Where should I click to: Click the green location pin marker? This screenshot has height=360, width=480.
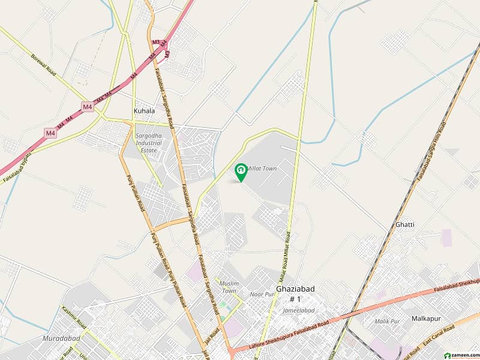pyautogui.click(x=241, y=172)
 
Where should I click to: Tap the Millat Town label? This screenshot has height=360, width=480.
pyautogui.click(x=262, y=169)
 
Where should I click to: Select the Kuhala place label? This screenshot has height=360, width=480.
pyautogui.click(x=144, y=111)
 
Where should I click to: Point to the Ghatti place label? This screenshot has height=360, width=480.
pyautogui.click(x=404, y=224)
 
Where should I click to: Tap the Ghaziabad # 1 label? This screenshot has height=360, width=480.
pyautogui.click(x=295, y=293)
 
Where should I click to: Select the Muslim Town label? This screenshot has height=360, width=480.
pyautogui.click(x=229, y=286)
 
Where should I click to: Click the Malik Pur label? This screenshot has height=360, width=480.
pyautogui.click(x=386, y=322)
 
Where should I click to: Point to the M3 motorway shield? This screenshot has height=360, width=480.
pyautogui.click(x=156, y=42)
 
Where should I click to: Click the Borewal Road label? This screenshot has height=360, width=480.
pyautogui.click(x=43, y=65)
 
